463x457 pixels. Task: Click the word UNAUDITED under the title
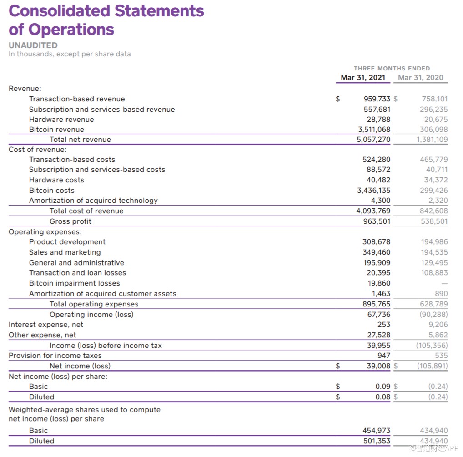pos(33,45)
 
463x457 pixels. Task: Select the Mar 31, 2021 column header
pos(363,77)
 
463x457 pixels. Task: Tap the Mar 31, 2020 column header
pos(420,77)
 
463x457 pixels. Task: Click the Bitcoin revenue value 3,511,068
pos(374,130)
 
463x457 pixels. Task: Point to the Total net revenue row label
pos(80,140)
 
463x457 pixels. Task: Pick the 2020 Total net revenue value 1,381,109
pos(432,140)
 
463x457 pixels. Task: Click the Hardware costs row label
pos(56,180)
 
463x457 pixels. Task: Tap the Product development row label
pos(67,242)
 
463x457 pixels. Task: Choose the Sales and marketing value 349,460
pos(376,252)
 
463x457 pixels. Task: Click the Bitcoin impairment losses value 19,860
pos(378,283)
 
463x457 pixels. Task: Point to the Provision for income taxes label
pos(55,356)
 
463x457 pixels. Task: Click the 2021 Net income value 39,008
pos(378,366)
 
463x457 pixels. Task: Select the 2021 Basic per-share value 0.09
pos(382,387)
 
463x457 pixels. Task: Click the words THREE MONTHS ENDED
pos(392,68)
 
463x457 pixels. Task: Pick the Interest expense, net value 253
pos(384,325)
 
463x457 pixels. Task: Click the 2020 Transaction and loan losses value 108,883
pos(434,273)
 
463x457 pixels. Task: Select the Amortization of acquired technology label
pos(93,201)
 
